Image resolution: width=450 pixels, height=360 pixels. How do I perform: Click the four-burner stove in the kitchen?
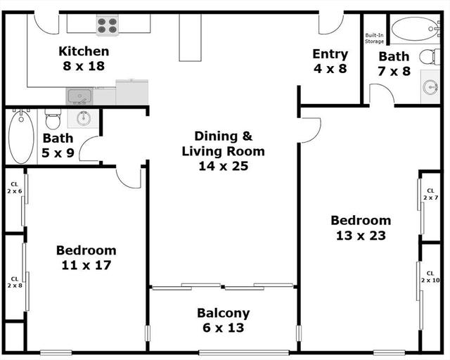[x=108, y=25]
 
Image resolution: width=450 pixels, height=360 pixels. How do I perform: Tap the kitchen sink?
[x=79, y=96]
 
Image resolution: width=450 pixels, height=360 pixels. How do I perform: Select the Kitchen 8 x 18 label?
[x=84, y=58]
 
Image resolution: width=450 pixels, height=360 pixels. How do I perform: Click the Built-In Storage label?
[x=374, y=38]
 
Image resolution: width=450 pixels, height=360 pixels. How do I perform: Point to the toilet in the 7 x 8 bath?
[x=430, y=57]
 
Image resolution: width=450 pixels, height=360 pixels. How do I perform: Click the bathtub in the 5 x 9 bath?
[x=21, y=136]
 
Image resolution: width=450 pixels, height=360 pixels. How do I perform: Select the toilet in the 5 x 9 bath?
[x=53, y=119]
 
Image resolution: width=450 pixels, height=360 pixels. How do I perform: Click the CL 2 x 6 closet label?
[x=14, y=188]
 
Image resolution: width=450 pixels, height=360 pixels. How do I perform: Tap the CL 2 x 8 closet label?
[x=15, y=282]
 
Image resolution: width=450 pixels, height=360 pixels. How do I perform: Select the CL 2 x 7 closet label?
[x=430, y=194]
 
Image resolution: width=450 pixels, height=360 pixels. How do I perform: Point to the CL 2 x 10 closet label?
[x=430, y=277]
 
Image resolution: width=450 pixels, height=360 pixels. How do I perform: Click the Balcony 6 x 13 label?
[x=224, y=320]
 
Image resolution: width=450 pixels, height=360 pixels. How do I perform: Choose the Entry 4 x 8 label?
[x=330, y=61]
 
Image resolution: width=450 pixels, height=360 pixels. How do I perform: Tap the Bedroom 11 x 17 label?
[x=86, y=257]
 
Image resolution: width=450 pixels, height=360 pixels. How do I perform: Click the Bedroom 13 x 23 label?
[x=361, y=228]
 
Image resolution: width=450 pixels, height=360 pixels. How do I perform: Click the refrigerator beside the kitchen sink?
[x=132, y=92]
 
